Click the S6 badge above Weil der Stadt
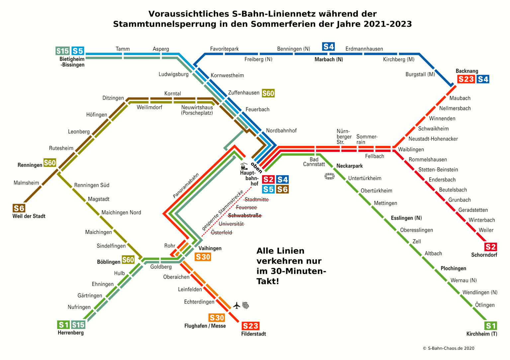click(19, 208)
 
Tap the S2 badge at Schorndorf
click(490, 247)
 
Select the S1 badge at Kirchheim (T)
click(490, 325)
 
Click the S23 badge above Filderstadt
click(250, 326)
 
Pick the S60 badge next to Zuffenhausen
click(268, 93)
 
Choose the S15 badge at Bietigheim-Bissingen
click(62, 51)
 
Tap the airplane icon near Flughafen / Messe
click(236, 305)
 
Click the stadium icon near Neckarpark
click(329, 177)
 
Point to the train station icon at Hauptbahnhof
click(244, 167)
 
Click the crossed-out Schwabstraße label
click(245, 216)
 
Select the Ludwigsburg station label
click(173, 74)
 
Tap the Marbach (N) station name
click(329, 59)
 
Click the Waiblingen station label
click(411, 149)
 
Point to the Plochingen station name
click(453, 268)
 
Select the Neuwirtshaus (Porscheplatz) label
click(197, 110)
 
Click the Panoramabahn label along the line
click(186, 185)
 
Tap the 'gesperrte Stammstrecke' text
click(222, 210)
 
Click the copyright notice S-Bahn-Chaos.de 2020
click(448, 348)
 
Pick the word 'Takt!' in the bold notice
click(268, 281)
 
